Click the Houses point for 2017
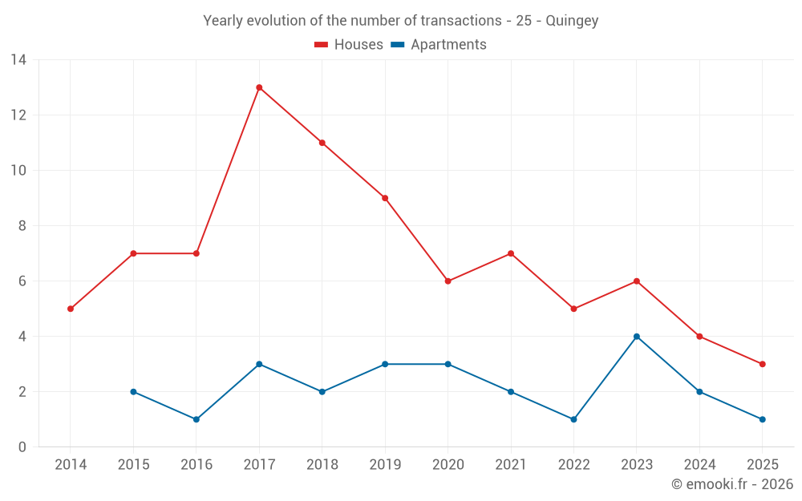click(259, 87)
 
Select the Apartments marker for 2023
click(637, 337)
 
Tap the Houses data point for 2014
click(71, 309)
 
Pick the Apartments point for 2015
click(133, 392)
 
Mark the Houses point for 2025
click(762, 364)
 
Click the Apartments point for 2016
click(196, 419)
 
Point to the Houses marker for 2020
click(448, 281)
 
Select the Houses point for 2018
click(322, 143)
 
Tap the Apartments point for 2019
click(385, 364)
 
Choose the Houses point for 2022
click(573, 309)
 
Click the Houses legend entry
click(349, 45)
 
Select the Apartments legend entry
click(439, 45)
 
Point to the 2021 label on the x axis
click(511, 465)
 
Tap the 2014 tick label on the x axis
click(71, 465)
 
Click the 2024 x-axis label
click(699, 465)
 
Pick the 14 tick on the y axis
click(18, 60)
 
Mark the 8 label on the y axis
click(22, 226)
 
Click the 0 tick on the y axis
click(22, 447)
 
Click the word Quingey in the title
click(572, 21)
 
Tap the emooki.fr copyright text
click(732, 484)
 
